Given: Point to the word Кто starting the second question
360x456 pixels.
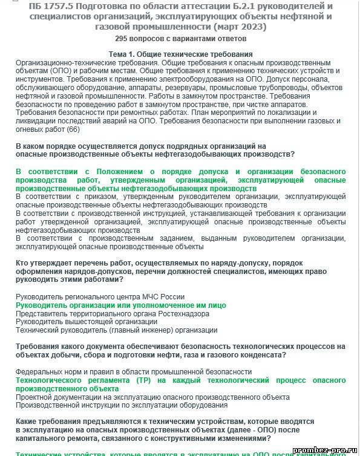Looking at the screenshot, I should tap(22, 263).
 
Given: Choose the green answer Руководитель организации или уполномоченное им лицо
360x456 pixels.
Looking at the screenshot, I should tap(120, 305).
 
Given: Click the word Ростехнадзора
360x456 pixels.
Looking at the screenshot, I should tap(187, 314).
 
